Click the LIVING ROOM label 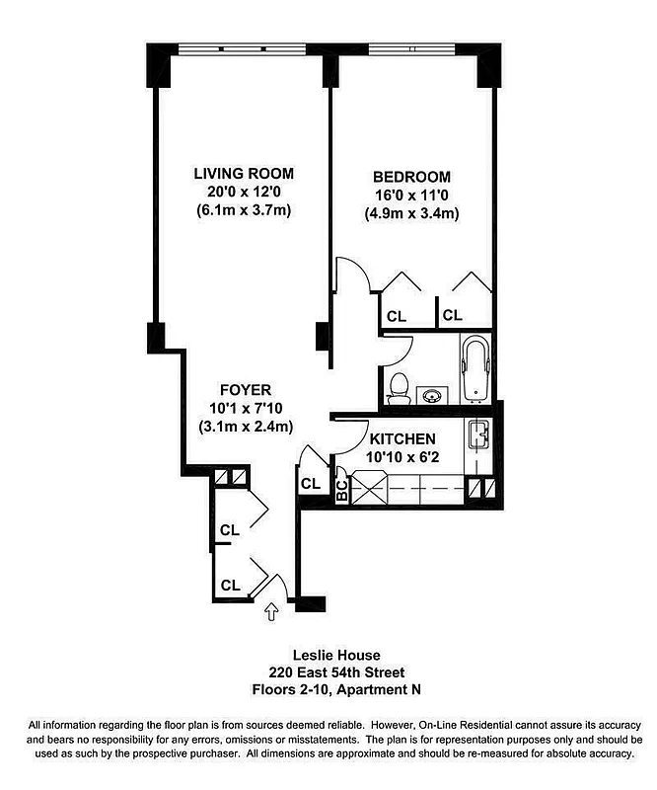coord(243,174)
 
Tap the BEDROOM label coord(413,176)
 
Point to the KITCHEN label coord(402,438)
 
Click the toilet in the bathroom coord(400,387)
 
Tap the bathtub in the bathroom coord(474,370)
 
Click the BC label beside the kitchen coord(341,490)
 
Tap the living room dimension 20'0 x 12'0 coord(243,193)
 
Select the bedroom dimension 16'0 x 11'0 coord(413,195)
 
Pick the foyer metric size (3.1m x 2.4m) coord(244,427)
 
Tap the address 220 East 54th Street coord(328,671)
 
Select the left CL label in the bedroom coord(396,316)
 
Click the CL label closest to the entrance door coord(230,585)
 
